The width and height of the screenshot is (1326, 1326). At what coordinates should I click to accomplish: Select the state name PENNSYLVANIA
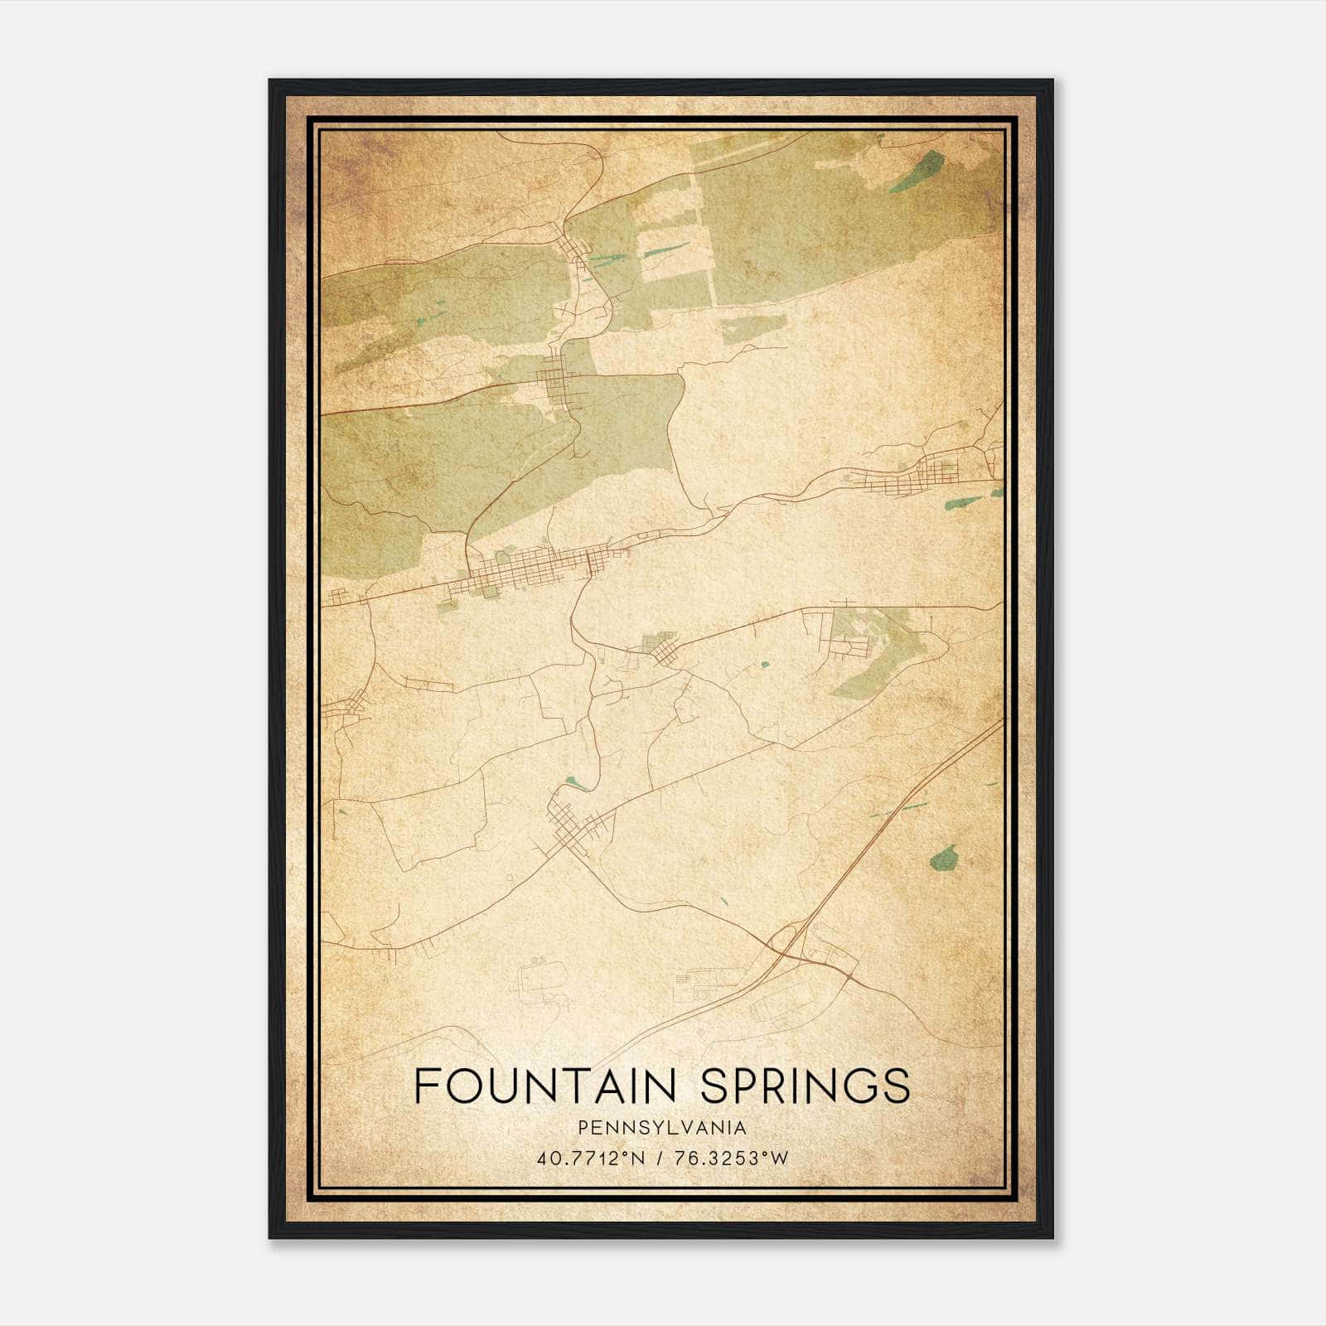pyautogui.click(x=662, y=1128)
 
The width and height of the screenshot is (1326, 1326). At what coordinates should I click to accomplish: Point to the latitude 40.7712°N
pyautogui.click(x=591, y=1159)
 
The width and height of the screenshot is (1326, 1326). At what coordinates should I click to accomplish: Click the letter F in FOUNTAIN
pyautogui.click(x=425, y=1086)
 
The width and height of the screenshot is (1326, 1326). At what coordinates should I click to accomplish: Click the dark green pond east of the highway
pyautogui.click(x=943, y=858)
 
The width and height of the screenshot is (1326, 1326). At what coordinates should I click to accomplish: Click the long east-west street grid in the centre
pyautogui.click(x=530, y=570)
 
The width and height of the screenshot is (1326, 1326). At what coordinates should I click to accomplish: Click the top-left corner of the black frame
pyautogui.click(x=270, y=81)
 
